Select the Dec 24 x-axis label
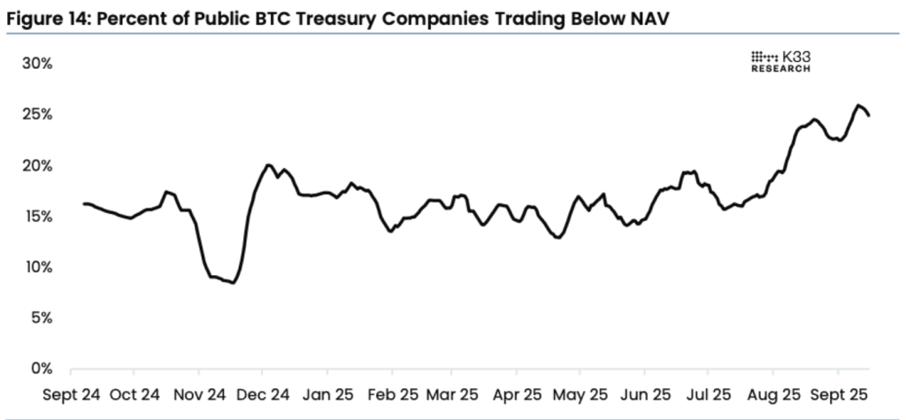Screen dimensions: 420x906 click(x=263, y=393)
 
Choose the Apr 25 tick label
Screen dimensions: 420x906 click(x=515, y=393)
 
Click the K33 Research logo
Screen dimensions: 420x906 click(x=780, y=61)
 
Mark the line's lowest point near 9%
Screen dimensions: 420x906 click(x=232, y=282)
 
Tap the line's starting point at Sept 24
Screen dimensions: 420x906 click(x=84, y=203)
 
